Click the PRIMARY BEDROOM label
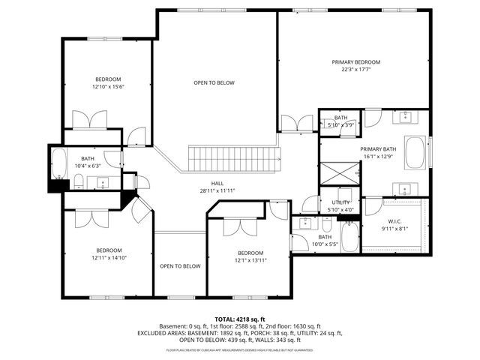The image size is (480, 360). coord(356,61)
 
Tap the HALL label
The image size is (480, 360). coord(217,183)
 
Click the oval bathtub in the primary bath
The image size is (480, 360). coord(415,153)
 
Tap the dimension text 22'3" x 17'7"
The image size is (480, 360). coord(356,69)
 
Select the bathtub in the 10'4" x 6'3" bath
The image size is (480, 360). coord(59,163)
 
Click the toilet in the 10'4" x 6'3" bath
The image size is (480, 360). coord(78,179)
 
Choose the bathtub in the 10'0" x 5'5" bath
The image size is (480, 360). coord(349,235)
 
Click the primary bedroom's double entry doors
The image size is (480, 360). coord(296,123)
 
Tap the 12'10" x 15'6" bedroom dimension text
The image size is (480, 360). coord(107,87)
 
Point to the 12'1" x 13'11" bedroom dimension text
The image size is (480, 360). coord(250,260)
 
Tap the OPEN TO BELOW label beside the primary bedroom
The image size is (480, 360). coord(214,82)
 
